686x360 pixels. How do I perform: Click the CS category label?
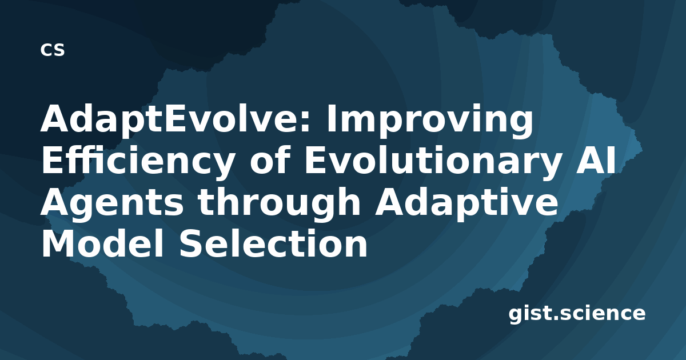53,50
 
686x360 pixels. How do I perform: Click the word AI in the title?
595,160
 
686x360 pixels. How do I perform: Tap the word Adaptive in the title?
466,201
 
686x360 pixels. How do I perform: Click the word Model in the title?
102,243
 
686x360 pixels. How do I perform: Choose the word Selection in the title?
273,243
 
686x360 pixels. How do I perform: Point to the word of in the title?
269,159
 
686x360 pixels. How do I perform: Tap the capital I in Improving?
331,118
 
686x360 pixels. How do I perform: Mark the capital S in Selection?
190,243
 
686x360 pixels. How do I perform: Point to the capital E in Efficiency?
52,160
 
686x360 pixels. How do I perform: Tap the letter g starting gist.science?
516,315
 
